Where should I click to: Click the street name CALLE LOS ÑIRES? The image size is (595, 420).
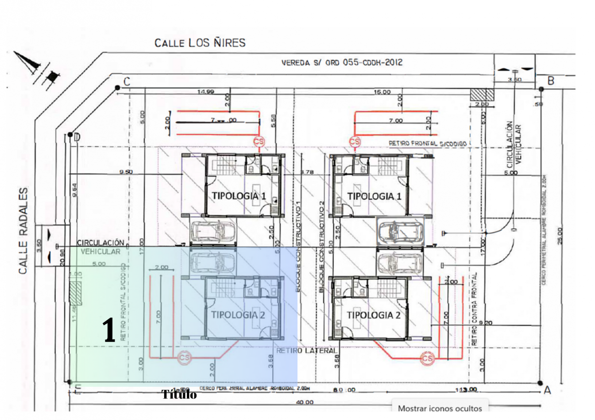point(200,43)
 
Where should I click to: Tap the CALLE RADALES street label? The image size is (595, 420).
point(23,230)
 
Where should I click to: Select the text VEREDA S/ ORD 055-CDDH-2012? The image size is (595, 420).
point(342,62)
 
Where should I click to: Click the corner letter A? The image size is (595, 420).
point(548,390)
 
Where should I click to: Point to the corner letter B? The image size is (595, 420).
point(551,81)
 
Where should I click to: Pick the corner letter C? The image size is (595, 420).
point(127,82)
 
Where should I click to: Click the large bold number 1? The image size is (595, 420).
point(109,330)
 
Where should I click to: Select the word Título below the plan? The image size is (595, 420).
point(179,394)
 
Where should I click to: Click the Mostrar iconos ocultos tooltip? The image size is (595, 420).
point(440,408)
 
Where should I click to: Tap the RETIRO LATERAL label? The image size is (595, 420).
point(306,351)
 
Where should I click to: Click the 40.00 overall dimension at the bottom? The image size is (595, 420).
point(305,402)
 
